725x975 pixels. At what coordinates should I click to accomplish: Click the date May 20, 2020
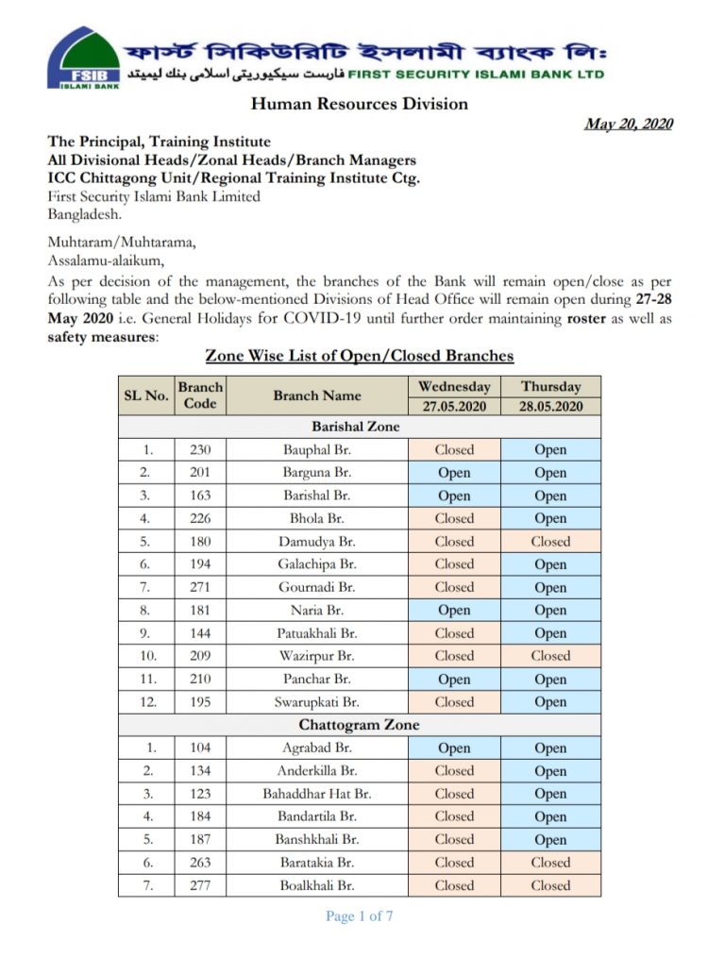tap(629, 124)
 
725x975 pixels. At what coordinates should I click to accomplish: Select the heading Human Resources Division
tap(359, 104)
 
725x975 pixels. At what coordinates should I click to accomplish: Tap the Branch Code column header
tap(200, 395)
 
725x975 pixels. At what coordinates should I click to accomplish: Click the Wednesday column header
tap(454, 386)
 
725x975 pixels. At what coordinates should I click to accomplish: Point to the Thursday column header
tap(550, 386)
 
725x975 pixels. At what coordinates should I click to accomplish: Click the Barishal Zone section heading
tap(356, 427)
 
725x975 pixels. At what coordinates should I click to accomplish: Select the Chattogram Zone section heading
tap(359, 725)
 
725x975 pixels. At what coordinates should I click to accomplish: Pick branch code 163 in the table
tap(200, 496)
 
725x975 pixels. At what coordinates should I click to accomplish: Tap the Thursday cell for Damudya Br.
tap(550, 542)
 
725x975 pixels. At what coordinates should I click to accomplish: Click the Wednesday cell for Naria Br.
tap(454, 611)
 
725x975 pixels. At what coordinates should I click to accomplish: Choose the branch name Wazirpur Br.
tap(316, 656)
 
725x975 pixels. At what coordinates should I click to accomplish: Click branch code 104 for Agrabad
tap(200, 748)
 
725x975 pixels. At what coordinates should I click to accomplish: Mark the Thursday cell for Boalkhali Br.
tap(550, 885)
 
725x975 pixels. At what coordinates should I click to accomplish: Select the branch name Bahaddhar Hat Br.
tap(316, 794)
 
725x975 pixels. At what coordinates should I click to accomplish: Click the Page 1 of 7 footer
tap(359, 916)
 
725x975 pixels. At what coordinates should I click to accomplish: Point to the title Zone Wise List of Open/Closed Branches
tap(359, 356)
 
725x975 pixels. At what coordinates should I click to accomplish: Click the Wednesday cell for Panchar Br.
tap(454, 680)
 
